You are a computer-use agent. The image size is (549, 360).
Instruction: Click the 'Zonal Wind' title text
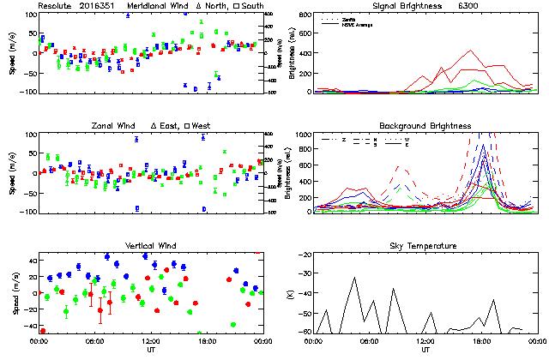point(116,126)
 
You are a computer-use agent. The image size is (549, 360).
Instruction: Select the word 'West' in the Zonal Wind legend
point(202,126)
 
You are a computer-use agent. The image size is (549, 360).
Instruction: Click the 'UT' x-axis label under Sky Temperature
point(425,350)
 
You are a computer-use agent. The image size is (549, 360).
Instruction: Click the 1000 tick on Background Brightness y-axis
point(304,135)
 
